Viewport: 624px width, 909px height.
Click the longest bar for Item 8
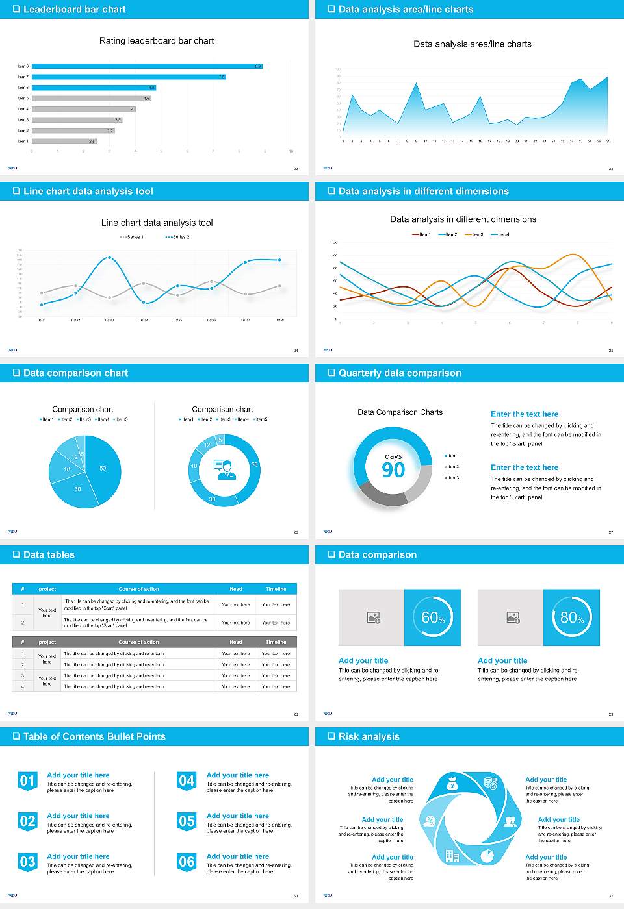(x=147, y=66)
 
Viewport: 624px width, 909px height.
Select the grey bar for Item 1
(x=64, y=141)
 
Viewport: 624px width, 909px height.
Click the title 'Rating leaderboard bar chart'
(x=157, y=41)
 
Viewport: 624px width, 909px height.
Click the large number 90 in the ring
(x=393, y=470)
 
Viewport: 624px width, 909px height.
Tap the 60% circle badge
(x=433, y=617)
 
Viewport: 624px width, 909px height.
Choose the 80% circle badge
(x=572, y=617)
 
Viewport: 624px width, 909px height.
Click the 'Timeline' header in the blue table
(x=276, y=589)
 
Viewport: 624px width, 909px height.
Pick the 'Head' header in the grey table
(x=235, y=642)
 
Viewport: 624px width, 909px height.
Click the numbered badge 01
(x=27, y=781)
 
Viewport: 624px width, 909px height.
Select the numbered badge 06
(x=187, y=862)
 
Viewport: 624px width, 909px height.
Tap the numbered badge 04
(x=187, y=781)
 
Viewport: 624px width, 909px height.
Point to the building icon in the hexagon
(x=452, y=856)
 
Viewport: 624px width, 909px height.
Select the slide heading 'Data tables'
(x=49, y=555)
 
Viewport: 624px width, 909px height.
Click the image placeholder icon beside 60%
(x=373, y=617)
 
